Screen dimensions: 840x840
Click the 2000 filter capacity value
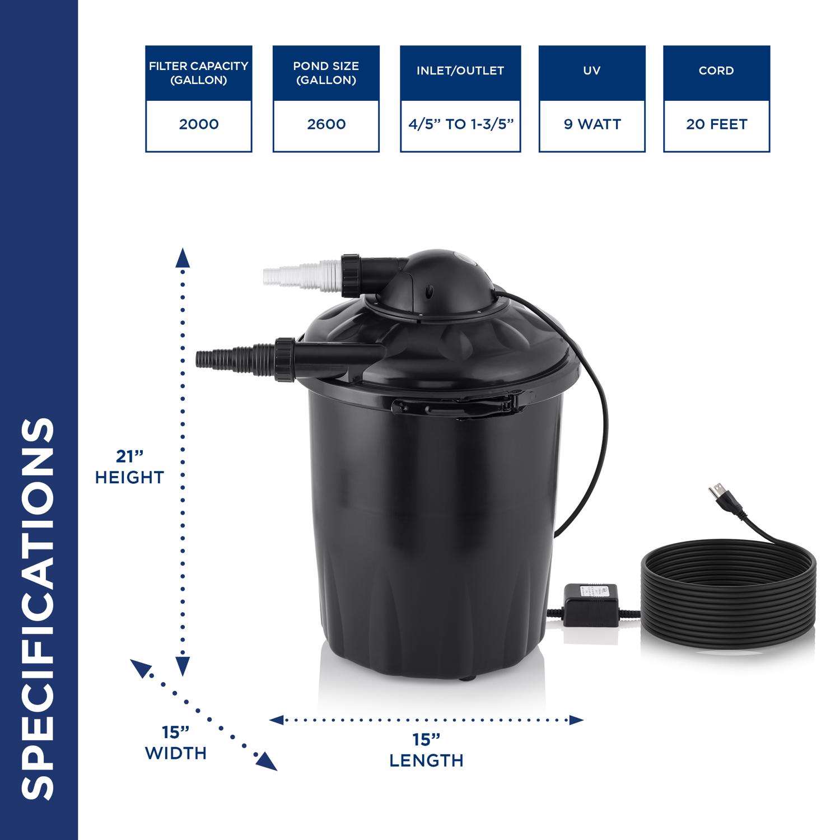click(x=199, y=124)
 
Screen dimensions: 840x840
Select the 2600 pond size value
click(x=326, y=124)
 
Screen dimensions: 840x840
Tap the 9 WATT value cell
click(x=592, y=124)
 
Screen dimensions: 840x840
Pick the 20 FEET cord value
click(x=717, y=124)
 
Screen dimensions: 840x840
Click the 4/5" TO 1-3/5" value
click(x=460, y=124)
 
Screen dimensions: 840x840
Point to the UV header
click(x=592, y=71)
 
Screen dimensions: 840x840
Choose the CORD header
click(x=717, y=71)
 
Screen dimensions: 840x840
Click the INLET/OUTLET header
click(x=460, y=71)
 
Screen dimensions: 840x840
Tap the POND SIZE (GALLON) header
click(x=326, y=73)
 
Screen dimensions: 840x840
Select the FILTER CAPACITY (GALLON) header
click(x=199, y=73)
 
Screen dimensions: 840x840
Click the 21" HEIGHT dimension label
click(x=129, y=467)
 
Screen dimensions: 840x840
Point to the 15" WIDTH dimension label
click(x=176, y=743)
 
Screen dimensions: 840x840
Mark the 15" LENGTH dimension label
click(x=427, y=750)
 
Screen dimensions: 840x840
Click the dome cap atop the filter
click(x=441, y=279)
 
